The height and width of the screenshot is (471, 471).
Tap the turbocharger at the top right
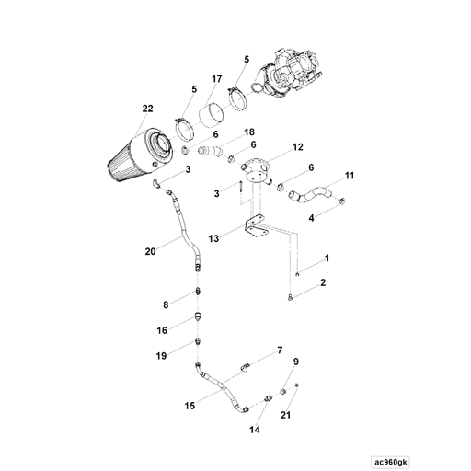293,75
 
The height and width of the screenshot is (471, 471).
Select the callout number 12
297,147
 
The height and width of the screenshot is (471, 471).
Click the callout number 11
349,175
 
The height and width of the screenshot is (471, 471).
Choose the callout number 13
214,237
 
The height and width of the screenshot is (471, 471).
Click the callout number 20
150,249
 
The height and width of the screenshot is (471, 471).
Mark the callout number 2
323,285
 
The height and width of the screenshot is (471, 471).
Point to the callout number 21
285,417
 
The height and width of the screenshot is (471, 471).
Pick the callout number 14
256,430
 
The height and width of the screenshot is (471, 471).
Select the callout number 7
280,350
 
